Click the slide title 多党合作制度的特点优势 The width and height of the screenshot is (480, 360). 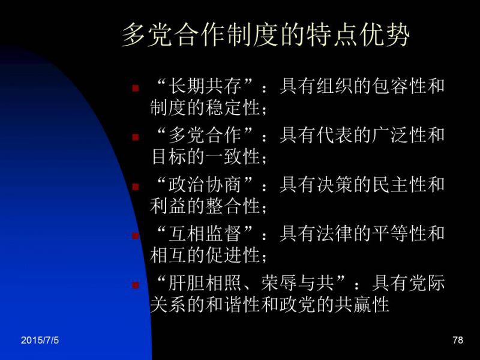click(265, 35)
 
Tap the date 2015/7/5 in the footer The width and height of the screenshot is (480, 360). click(40, 340)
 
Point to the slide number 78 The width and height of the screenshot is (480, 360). click(458, 340)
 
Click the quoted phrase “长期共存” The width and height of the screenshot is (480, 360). click(205, 85)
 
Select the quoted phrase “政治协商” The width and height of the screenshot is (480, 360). click(205, 185)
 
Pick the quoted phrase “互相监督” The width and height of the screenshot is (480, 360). click(205, 233)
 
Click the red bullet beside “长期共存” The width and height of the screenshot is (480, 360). click(136, 88)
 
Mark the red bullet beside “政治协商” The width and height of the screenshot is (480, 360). click(136, 187)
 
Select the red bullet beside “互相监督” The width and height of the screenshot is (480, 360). click(136, 236)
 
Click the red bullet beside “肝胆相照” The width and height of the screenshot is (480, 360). click(136, 286)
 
